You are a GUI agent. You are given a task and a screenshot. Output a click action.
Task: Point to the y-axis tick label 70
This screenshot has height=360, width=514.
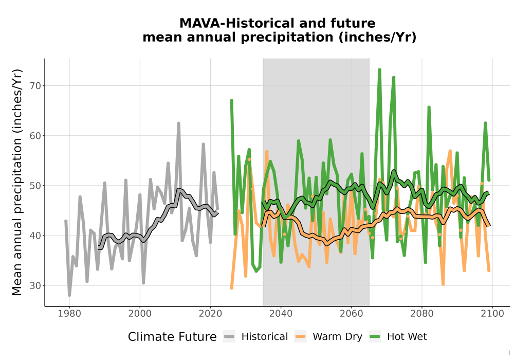pyautogui.click(x=35, y=86)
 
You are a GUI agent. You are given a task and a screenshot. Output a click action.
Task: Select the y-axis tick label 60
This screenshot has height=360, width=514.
pyautogui.click(x=35, y=136)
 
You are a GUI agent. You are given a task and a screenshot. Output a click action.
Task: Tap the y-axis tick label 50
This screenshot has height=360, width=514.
pyautogui.click(x=35, y=186)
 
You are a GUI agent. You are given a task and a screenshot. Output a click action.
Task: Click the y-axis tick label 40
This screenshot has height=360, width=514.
pyautogui.click(x=35, y=236)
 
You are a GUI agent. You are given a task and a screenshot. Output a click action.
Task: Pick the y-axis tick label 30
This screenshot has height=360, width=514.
pyautogui.click(x=35, y=285)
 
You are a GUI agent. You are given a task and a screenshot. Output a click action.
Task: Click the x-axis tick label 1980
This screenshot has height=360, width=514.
pyautogui.click(x=69, y=314)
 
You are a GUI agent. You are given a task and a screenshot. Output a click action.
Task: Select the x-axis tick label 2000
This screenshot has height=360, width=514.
pyautogui.click(x=140, y=314)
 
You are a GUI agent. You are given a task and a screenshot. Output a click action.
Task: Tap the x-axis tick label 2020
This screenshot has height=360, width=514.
pyautogui.click(x=210, y=314)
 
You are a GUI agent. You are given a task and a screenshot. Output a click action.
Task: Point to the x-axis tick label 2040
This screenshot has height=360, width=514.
pyautogui.click(x=281, y=314)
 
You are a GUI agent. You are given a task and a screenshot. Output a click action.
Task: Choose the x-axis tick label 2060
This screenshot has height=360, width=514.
pyautogui.click(x=352, y=314)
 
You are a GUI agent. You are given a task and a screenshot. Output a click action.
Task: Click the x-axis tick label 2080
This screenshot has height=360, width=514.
pyautogui.click(x=422, y=314)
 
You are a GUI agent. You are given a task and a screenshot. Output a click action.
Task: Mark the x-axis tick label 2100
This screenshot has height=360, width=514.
pyautogui.click(x=492, y=314)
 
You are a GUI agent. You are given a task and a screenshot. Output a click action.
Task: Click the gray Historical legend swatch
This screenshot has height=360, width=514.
pyautogui.click(x=229, y=337)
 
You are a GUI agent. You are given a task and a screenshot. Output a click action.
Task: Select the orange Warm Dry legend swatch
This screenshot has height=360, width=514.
pyautogui.click(x=300, y=337)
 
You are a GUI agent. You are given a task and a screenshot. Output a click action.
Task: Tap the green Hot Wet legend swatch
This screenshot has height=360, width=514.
pyautogui.click(x=375, y=337)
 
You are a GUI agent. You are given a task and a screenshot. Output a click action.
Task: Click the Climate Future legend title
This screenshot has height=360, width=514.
pyautogui.click(x=172, y=337)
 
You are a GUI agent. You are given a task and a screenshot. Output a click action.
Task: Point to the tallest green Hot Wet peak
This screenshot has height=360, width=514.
pyautogui.click(x=380, y=70)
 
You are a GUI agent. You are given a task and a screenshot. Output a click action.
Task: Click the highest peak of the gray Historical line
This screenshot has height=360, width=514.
pyautogui.click(x=179, y=123)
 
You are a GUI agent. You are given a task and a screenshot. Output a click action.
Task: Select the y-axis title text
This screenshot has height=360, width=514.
pyautogui.click(x=17, y=182)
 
